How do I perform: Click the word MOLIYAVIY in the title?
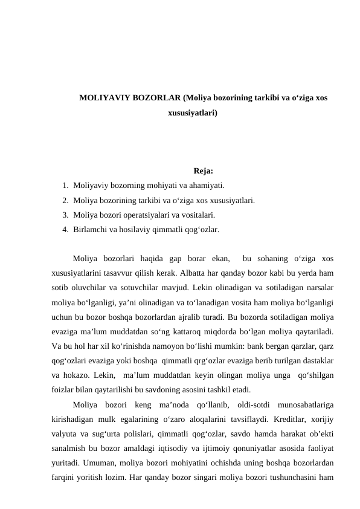(x=101, y=98)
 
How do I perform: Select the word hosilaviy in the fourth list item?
(x=138, y=229)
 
